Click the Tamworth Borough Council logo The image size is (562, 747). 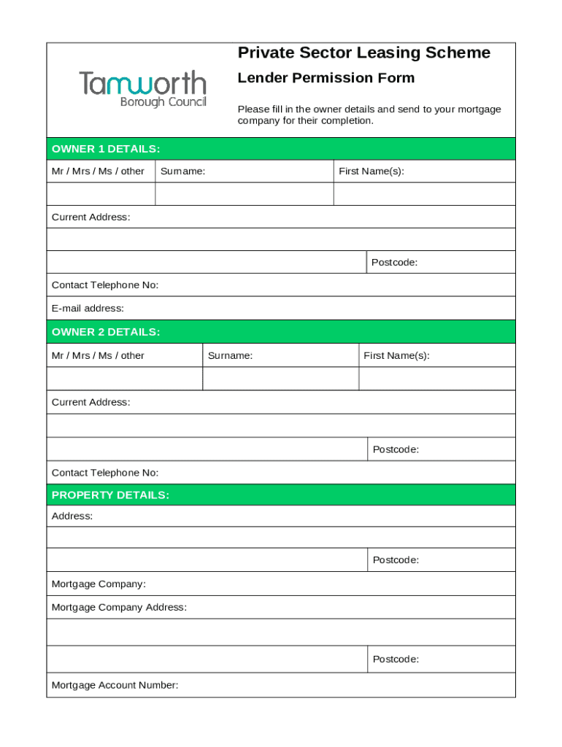click(x=142, y=89)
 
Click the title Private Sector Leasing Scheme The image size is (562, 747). click(x=363, y=53)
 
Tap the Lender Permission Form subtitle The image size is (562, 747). click(x=326, y=78)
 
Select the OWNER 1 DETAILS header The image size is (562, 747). click(x=106, y=149)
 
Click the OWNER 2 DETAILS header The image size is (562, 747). click(x=106, y=332)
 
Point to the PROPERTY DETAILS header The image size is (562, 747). click(x=110, y=495)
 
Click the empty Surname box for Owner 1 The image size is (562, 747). click(x=245, y=194)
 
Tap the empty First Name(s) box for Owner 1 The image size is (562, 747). click(x=424, y=194)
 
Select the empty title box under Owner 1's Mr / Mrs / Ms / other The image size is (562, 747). click(x=101, y=194)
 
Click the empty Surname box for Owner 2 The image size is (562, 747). click(x=280, y=379)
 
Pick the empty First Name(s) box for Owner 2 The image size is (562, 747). click(x=436, y=379)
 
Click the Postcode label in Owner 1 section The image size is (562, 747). click(x=394, y=263)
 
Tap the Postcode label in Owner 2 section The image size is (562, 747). click(x=396, y=449)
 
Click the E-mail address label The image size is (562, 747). click(x=88, y=309)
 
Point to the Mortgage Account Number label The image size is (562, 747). click(x=115, y=685)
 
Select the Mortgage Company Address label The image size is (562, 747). click(x=119, y=607)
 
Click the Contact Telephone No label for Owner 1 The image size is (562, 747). click(x=105, y=285)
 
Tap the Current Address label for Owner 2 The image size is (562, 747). click(x=91, y=402)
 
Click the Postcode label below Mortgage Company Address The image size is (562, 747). click(x=396, y=659)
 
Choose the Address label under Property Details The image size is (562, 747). click(x=72, y=516)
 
